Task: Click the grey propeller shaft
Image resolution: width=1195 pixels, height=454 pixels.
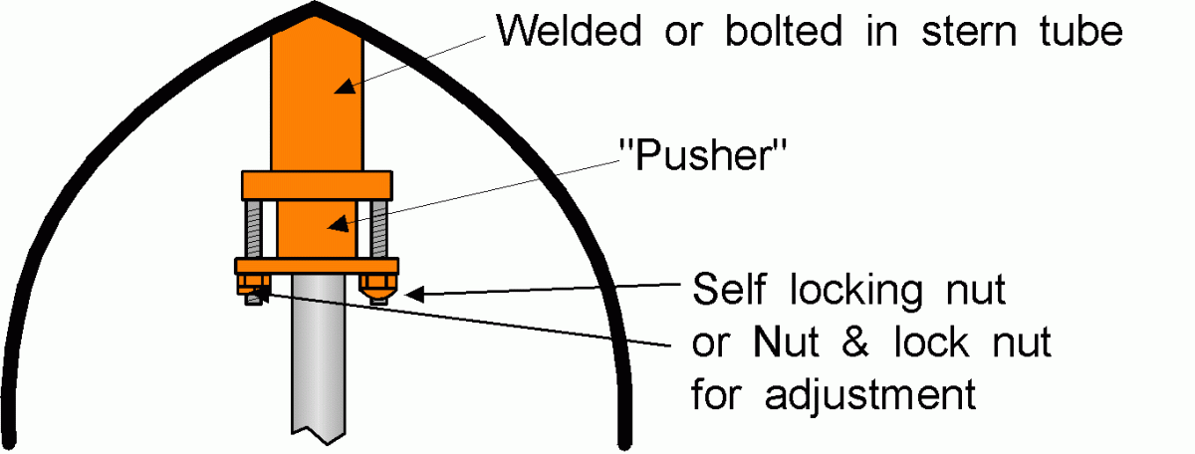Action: coord(319,368)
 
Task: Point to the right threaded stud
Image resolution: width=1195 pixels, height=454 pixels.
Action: coord(379,230)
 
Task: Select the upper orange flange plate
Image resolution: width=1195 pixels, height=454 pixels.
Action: coord(316,186)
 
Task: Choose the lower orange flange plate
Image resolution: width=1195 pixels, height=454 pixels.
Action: coord(317,266)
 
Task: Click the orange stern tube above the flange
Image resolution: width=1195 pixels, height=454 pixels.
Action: coord(316,100)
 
